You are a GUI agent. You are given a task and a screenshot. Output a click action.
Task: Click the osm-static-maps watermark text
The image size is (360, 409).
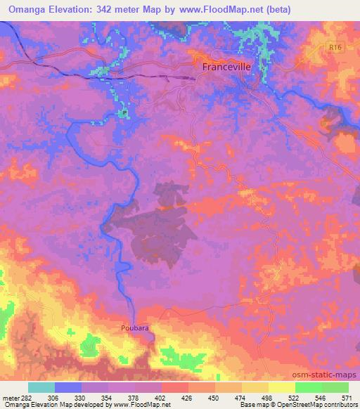tap(325, 373)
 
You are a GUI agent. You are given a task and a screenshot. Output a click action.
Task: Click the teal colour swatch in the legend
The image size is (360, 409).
tap(41, 387)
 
